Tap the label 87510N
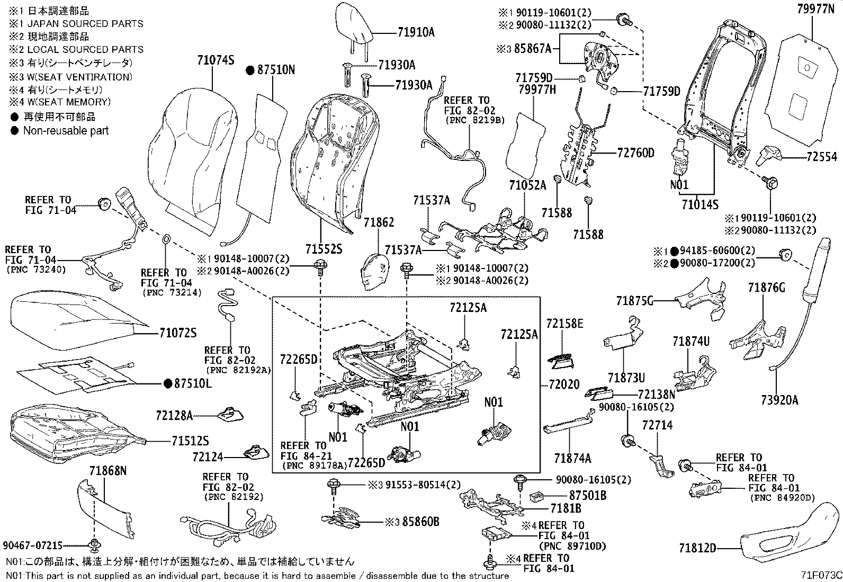coord(276,69)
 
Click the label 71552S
coord(323,248)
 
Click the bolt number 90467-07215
coord(33,545)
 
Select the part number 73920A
coord(779,400)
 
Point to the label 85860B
coord(420,522)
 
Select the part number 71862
coord(379,223)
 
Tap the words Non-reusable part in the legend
coord(66,130)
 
